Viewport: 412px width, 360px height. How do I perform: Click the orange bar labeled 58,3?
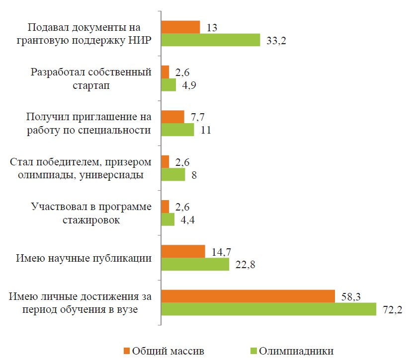point(248,296)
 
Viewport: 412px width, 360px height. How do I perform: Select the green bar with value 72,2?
point(269,309)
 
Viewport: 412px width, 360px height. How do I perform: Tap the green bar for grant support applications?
point(211,40)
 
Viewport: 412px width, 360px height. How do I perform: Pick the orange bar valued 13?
point(181,27)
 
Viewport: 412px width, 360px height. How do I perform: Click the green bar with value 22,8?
point(195,264)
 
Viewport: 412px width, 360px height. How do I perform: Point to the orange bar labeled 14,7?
point(183,251)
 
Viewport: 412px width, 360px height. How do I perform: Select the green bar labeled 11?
point(178,130)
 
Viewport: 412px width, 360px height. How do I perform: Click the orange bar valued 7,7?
point(173,117)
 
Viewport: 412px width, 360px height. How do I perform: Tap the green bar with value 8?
point(173,174)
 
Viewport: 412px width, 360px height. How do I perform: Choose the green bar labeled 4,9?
point(169,85)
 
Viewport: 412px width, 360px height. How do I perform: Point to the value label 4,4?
point(188,219)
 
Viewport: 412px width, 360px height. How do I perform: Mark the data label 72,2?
point(392,309)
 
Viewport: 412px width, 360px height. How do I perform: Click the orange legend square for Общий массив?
point(125,351)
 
